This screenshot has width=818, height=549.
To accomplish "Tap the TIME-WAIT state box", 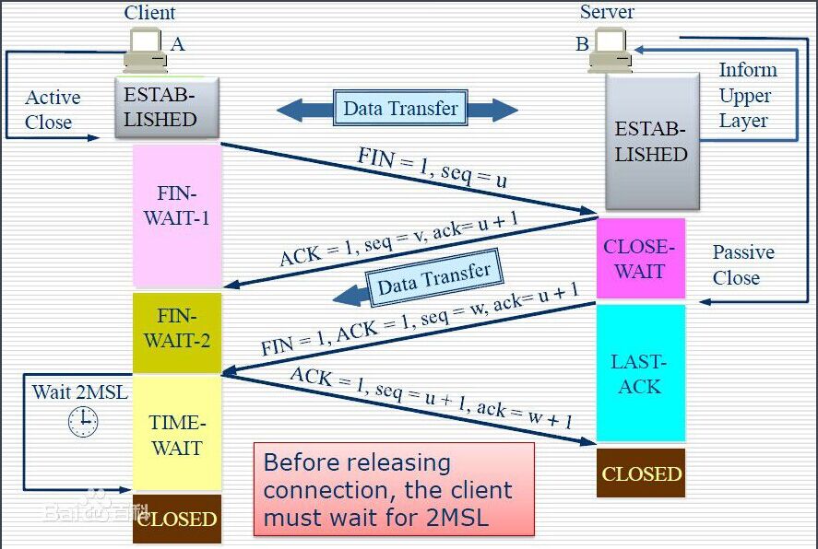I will (x=177, y=435).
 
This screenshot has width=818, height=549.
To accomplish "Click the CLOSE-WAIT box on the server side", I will (x=640, y=259).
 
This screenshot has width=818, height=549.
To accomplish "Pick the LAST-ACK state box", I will (x=640, y=373).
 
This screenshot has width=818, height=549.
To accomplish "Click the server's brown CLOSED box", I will (x=641, y=473).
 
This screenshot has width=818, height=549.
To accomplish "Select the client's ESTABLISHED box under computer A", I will (x=166, y=108).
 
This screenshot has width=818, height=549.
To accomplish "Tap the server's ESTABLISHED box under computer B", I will (x=651, y=143).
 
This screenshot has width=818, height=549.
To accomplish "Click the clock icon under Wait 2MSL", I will (x=83, y=421).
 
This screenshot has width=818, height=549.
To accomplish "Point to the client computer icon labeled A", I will (x=146, y=50).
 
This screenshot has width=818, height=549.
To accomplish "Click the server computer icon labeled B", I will (x=610, y=51).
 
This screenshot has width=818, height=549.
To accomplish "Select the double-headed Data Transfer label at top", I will (x=399, y=109).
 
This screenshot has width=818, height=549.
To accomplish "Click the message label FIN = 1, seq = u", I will (x=433, y=167).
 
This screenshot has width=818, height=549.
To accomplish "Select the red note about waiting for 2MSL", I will (x=394, y=489).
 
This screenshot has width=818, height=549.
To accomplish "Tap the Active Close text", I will (x=53, y=110).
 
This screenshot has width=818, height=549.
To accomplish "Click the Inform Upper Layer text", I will (x=746, y=95).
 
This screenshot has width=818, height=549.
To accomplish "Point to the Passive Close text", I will (x=742, y=265).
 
